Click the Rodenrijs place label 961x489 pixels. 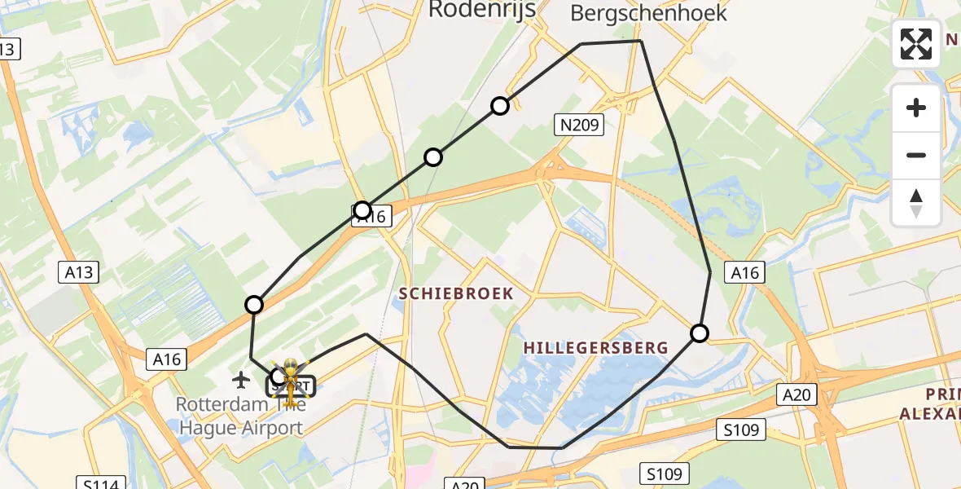click(x=480, y=9)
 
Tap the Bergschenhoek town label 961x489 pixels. click(x=648, y=12)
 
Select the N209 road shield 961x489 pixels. click(x=580, y=125)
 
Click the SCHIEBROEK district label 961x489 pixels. click(x=456, y=293)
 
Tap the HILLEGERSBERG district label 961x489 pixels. click(x=595, y=348)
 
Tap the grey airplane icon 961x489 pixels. click(x=241, y=379)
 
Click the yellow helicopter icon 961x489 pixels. click(x=290, y=380)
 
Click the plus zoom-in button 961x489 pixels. click(x=916, y=108)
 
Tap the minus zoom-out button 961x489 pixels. click(x=916, y=155)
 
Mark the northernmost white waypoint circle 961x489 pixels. click(x=500, y=106)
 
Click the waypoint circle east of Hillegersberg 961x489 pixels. click(x=700, y=333)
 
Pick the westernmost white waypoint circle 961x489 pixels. click(x=254, y=305)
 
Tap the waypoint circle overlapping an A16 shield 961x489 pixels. click(x=362, y=210)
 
